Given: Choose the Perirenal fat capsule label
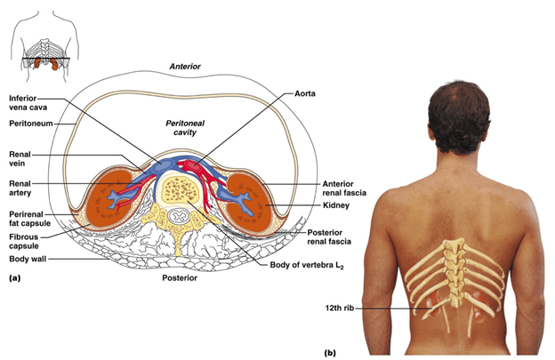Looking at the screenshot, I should [x=28, y=219].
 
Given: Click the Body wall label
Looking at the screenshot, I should [x=28, y=259].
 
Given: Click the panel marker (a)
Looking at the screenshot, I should [x=13, y=278].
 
